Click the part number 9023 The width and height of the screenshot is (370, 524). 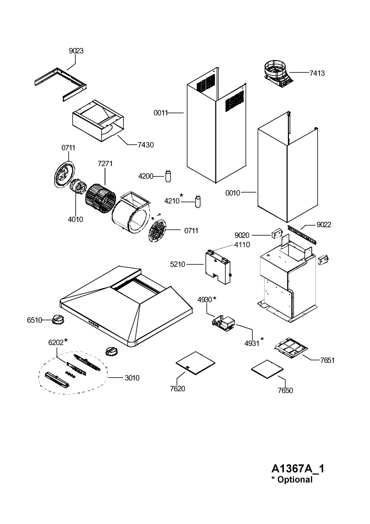(x=76, y=51)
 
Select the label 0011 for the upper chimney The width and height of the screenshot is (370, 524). (x=161, y=113)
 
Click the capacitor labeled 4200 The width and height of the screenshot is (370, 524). (x=168, y=176)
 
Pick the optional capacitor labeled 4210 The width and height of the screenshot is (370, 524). (x=198, y=202)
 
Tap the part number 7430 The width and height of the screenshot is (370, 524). (x=146, y=145)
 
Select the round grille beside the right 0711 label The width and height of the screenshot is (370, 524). (x=157, y=231)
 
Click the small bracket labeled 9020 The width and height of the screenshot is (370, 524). (x=277, y=234)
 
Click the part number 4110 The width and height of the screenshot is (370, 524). (x=242, y=245)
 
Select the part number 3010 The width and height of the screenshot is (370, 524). (x=132, y=378)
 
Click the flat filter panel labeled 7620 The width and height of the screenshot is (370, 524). (x=195, y=363)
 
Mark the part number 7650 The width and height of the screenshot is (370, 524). (x=285, y=390)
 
